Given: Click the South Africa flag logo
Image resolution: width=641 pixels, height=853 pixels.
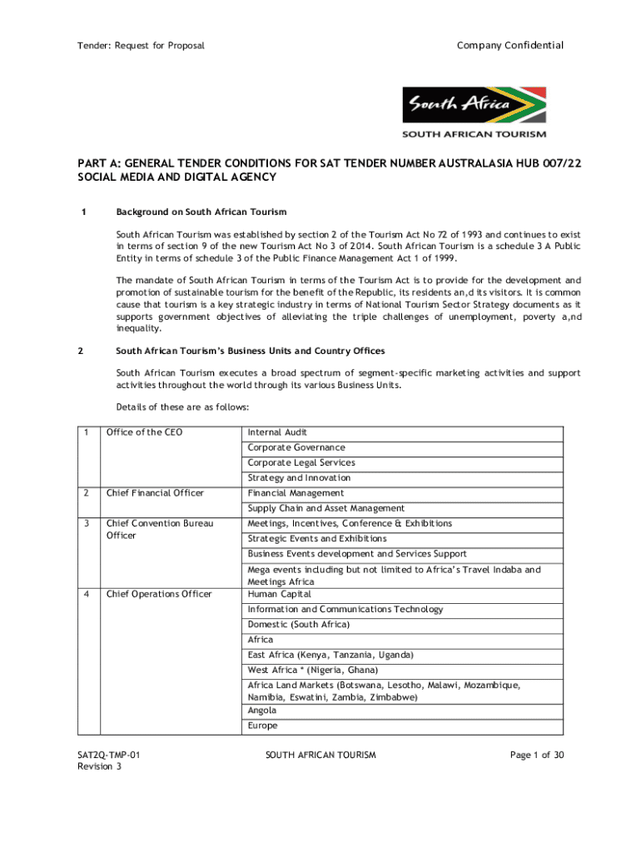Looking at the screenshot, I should coord(474,107).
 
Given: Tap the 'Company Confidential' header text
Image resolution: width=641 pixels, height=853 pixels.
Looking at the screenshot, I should coord(510,45).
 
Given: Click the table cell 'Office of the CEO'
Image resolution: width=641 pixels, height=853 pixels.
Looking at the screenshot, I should coord(144,432).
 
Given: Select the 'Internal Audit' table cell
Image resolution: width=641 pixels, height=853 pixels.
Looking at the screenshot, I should coord(277,432).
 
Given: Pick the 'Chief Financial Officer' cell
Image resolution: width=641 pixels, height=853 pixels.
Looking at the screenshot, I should coord(154,493).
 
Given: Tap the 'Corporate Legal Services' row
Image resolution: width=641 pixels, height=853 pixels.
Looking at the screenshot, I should coord(301,462).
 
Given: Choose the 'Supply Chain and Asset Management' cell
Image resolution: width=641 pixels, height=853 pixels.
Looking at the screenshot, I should coord(325,508).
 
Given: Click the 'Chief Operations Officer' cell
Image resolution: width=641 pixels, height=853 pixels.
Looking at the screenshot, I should coord(158,594).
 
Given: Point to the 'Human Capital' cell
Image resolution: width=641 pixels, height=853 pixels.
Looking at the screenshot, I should coord(279,594).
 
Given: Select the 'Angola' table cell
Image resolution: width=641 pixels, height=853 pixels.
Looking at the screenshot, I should coord(262,711).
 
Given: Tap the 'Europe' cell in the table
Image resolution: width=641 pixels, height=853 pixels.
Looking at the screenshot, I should coord(262,726).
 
